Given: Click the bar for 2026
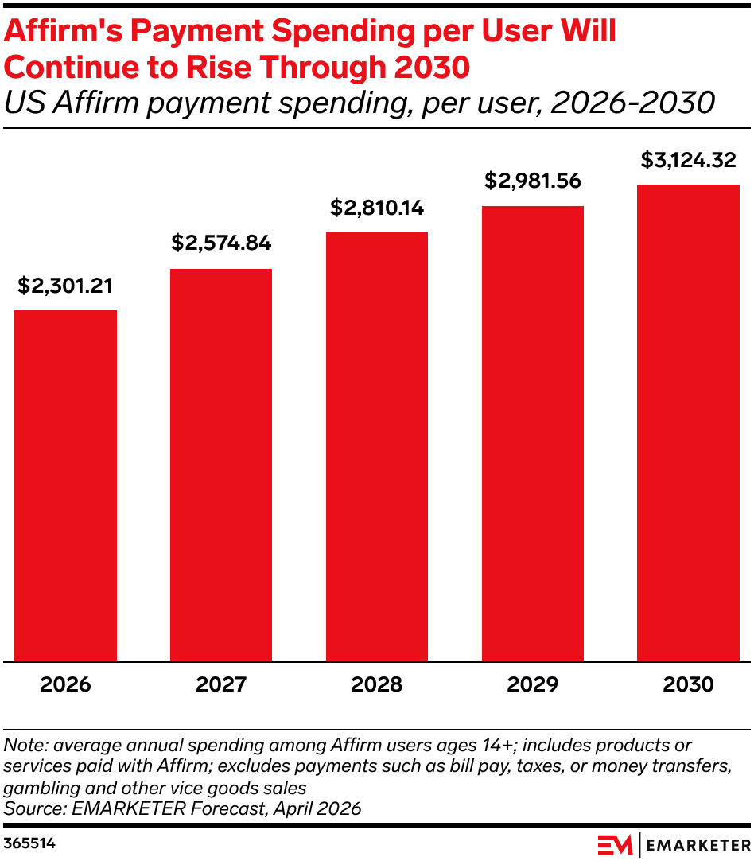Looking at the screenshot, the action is point(65,486).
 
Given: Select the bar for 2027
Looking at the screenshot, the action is point(221,465).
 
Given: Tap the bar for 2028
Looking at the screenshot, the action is point(377,447).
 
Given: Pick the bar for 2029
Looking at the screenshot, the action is point(533,434).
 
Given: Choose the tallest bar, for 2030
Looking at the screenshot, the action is point(688,423).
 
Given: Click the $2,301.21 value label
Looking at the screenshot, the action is point(65,286).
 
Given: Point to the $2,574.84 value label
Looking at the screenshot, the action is point(221,243).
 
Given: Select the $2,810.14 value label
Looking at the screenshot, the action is point(377,208).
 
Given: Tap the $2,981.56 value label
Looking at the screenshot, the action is point(533,181).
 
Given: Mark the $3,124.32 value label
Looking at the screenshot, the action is point(688,160).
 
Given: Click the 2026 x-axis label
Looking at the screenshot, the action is point(65,684).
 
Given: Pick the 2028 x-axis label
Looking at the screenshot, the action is point(377,684).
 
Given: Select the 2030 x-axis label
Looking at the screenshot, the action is point(688,684).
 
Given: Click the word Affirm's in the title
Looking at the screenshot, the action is point(63,31).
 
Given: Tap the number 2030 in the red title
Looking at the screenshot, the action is point(432,68).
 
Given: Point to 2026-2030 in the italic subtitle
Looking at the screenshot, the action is point(633,103).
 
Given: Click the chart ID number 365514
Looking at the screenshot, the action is point(29,843).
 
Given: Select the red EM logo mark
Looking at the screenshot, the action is point(615,845).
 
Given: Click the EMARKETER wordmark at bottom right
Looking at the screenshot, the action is point(698,846).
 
